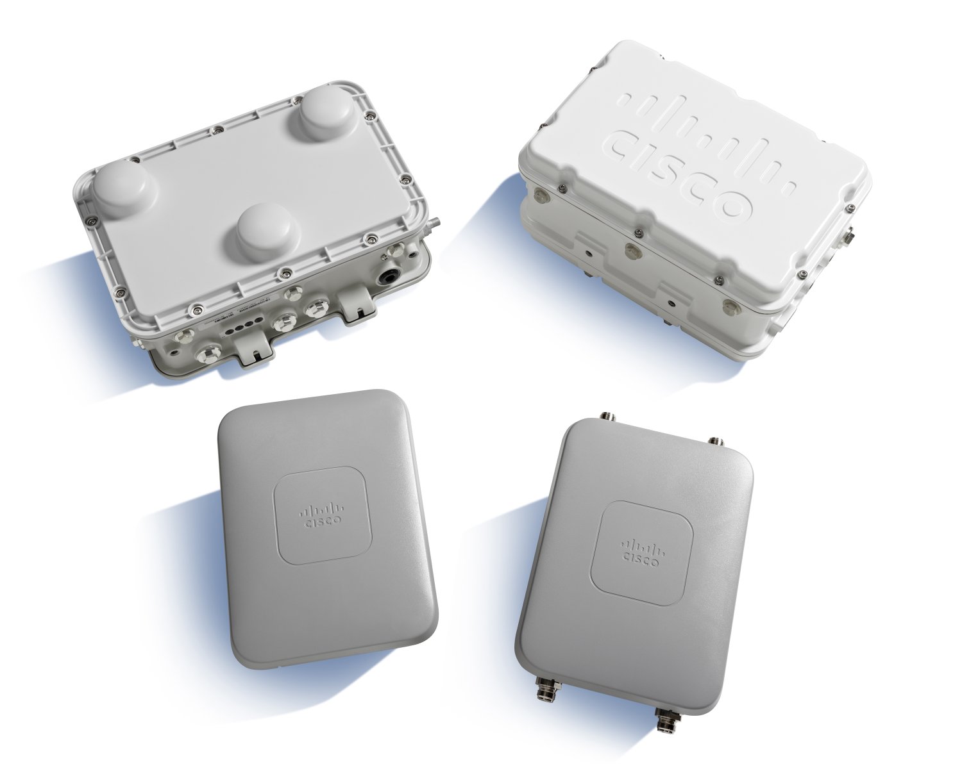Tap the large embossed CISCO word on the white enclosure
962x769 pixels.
[x=680, y=173]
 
